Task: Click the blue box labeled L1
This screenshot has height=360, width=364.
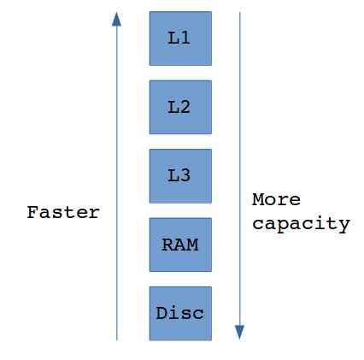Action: tap(180, 38)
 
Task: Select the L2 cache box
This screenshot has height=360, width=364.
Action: tap(180, 107)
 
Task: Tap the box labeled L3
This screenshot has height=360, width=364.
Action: tap(180, 175)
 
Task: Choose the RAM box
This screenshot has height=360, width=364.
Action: tap(180, 245)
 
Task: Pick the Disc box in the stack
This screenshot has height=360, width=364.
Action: tap(180, 313)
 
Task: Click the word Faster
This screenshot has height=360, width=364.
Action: tap(63, 212)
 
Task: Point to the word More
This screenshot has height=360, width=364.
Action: tap(276, 199)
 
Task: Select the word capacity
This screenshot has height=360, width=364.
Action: tap(301, 224)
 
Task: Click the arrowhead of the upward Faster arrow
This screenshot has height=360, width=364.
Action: tap(117, 19)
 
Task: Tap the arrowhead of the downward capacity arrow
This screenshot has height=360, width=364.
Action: tap(240, 332)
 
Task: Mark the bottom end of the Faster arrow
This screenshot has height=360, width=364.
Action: tap(117, 339)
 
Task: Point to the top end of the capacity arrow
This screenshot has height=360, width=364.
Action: tap(240, 13)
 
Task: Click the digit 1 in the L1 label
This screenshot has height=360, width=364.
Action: tap(185, 38)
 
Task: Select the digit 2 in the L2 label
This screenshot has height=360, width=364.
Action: tap(185, 107)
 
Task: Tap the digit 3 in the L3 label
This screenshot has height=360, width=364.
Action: tap(185, 175)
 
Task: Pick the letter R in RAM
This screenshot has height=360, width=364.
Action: tap(167, 245)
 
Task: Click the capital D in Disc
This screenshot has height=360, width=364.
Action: tap(161, 313)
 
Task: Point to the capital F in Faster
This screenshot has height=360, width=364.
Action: tap(32, 212)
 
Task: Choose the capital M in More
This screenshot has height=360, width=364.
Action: tap(258, 199)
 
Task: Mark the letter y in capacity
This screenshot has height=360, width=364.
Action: tap(343, 226)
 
